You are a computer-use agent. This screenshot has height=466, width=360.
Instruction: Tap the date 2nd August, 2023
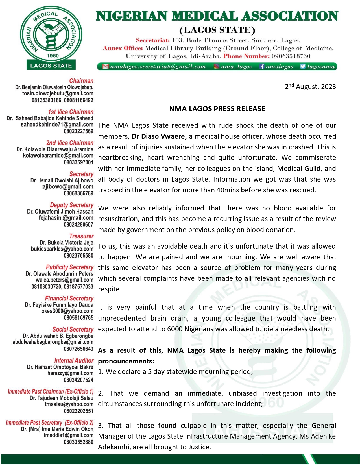(310, 86)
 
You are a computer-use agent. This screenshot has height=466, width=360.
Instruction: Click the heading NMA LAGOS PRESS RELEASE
(217, 109)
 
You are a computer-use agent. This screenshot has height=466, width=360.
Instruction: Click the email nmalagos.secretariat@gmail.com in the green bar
(158, 67)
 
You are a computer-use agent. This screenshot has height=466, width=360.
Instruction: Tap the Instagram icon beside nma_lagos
(216, 67)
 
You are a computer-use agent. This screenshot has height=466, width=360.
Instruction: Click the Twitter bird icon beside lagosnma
(303, 67)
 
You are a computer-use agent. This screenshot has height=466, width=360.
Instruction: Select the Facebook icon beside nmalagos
(262, 67)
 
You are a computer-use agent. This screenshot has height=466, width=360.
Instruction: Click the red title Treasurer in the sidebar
(81, 236)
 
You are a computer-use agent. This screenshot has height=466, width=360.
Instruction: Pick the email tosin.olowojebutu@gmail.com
(58, 93)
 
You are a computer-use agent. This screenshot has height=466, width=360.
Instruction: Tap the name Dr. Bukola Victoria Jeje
(66, 243)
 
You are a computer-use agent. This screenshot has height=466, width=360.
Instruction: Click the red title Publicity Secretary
(69, 267)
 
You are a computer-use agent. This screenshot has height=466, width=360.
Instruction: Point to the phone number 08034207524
(78, 380)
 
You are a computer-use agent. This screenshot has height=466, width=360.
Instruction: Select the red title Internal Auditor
(74, 361)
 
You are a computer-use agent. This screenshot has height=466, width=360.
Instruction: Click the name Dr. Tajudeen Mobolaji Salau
(61, 398)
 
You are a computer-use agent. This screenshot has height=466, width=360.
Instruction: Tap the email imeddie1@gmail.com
(68, 435)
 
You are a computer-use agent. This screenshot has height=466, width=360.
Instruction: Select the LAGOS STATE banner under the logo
(51, 66)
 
